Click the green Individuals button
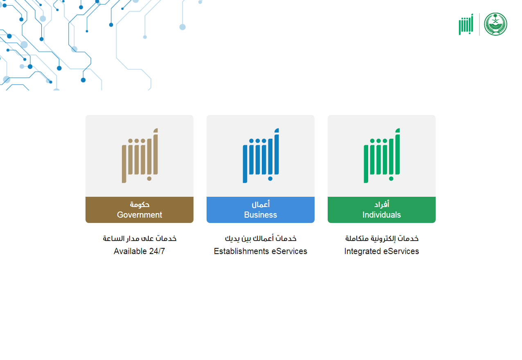382,210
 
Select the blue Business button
261,210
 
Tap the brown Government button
139,210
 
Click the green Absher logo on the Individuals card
382,155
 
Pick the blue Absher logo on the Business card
261,155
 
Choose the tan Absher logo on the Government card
140,155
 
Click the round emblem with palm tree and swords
495,24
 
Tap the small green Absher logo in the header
466,24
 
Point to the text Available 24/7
139,251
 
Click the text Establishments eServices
261,251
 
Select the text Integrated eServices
382,251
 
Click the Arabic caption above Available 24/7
139,239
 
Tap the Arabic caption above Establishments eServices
261,239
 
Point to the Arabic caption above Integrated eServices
382,239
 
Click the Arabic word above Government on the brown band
139,205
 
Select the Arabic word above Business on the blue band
261,204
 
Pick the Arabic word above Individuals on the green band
382,204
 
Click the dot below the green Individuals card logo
391,179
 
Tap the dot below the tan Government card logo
149,179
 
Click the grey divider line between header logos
479,24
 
